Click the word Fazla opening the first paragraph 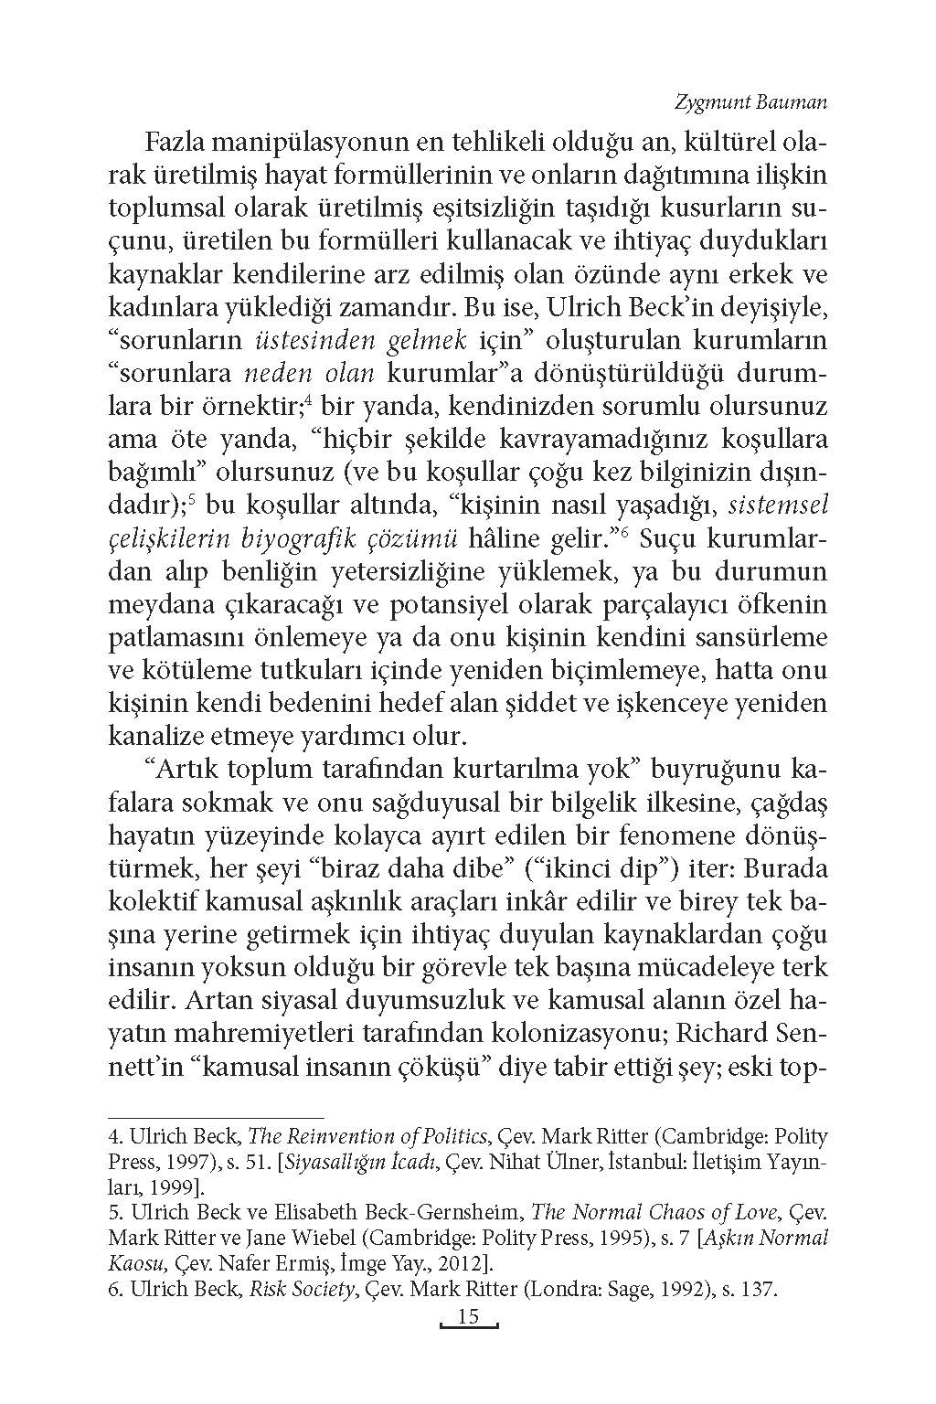[x=176, y=143]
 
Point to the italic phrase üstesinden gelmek [x=357, y=340]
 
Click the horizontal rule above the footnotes [x=217, y=1117]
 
